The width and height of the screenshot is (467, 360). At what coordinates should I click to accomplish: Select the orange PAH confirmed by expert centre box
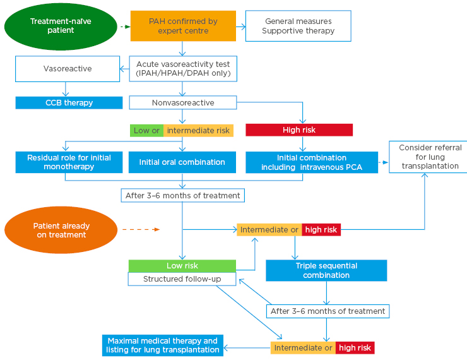point(183,26)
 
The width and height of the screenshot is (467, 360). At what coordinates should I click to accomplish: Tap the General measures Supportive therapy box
point(298,26)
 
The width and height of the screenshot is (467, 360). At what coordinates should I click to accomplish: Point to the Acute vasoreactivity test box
point(183,69)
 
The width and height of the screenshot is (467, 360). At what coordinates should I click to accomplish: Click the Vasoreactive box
point(68,68)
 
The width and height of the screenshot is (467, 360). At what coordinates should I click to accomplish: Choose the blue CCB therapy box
point(69,102)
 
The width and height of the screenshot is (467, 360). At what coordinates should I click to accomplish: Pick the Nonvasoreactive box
point(183,102)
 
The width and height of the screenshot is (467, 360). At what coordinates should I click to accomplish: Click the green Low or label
point(146,131)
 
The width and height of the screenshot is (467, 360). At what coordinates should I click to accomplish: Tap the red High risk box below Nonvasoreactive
point(299,130)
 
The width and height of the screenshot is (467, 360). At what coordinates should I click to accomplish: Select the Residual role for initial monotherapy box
point(69,162)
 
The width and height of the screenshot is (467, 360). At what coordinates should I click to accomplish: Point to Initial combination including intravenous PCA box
point(312,162)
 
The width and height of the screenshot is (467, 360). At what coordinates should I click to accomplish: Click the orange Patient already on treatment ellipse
point(61,231)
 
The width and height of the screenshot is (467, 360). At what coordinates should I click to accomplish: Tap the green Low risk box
point(182,266)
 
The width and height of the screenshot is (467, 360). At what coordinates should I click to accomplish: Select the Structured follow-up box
point(182,279)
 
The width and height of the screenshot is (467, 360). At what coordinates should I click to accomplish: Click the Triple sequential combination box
point(326,270)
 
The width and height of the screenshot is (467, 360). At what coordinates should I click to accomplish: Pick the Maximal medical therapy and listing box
point(163,345)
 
